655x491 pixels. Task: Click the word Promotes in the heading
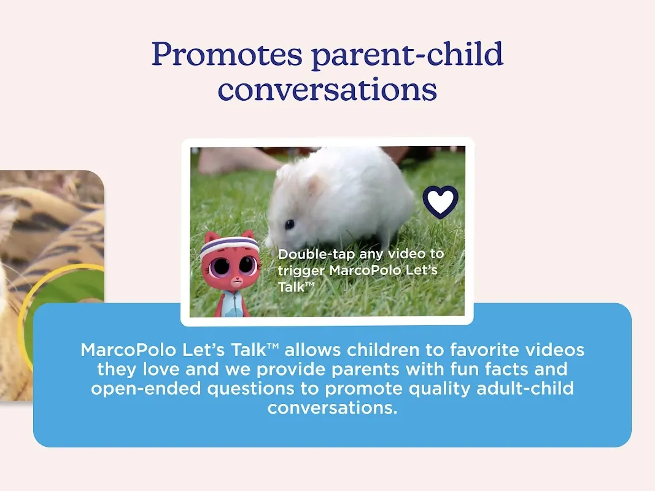227,54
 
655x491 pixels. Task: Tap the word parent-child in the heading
408,53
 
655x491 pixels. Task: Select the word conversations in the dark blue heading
328,90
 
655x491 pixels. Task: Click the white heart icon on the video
440,202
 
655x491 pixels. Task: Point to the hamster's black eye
289,225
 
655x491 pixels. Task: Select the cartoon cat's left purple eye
219,266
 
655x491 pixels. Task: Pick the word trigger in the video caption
301,271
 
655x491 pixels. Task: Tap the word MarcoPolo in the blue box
128,350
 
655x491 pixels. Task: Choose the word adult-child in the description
525,389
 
